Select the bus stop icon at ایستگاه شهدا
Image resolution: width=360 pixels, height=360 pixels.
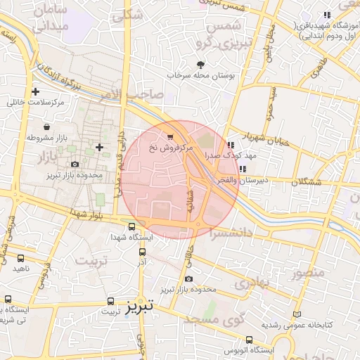132,226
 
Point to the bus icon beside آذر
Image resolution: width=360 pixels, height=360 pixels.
142,252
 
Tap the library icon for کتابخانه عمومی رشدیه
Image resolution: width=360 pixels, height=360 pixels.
297,314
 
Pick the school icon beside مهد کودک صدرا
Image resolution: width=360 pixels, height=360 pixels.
231,144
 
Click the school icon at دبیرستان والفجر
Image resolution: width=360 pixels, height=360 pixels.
243,169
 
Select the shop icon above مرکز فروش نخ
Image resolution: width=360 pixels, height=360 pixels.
170,136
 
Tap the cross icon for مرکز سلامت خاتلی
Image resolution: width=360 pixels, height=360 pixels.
35,91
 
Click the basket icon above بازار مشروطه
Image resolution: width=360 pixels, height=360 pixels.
46,127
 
